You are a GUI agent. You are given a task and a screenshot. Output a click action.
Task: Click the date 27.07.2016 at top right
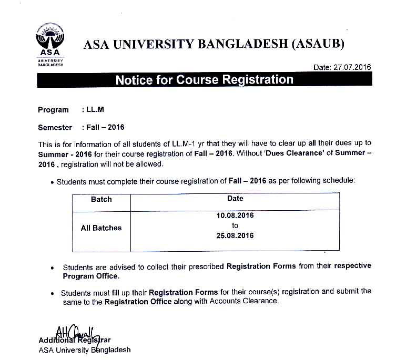[x=342, y=67]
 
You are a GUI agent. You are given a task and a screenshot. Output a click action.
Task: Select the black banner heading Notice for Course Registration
[x=204, y=80]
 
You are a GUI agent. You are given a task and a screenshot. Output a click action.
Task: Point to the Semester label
[x=55, y=127]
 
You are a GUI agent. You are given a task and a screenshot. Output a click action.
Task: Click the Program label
[x=53, y=110]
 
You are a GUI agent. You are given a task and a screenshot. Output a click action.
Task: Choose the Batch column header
[x=101, y=199]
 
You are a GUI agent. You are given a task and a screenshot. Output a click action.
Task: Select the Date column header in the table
[x=235, y=198]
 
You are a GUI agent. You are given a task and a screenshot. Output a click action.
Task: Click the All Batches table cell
[x=101, y=228]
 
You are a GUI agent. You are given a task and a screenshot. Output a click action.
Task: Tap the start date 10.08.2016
[x=235, y=215]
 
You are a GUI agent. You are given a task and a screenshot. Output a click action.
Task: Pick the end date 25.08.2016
[x=235, y=235]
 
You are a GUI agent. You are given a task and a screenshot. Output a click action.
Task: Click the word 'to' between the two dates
[x=235, y=225]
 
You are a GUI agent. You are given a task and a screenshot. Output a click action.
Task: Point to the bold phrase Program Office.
[x=91, y=276]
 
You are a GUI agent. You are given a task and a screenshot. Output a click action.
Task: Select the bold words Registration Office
[x=138, y=302]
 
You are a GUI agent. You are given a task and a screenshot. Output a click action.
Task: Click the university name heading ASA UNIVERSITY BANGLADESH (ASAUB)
[x=214, y=44]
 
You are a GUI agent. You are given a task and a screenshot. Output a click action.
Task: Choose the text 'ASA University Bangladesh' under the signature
[x=84, y=349]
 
